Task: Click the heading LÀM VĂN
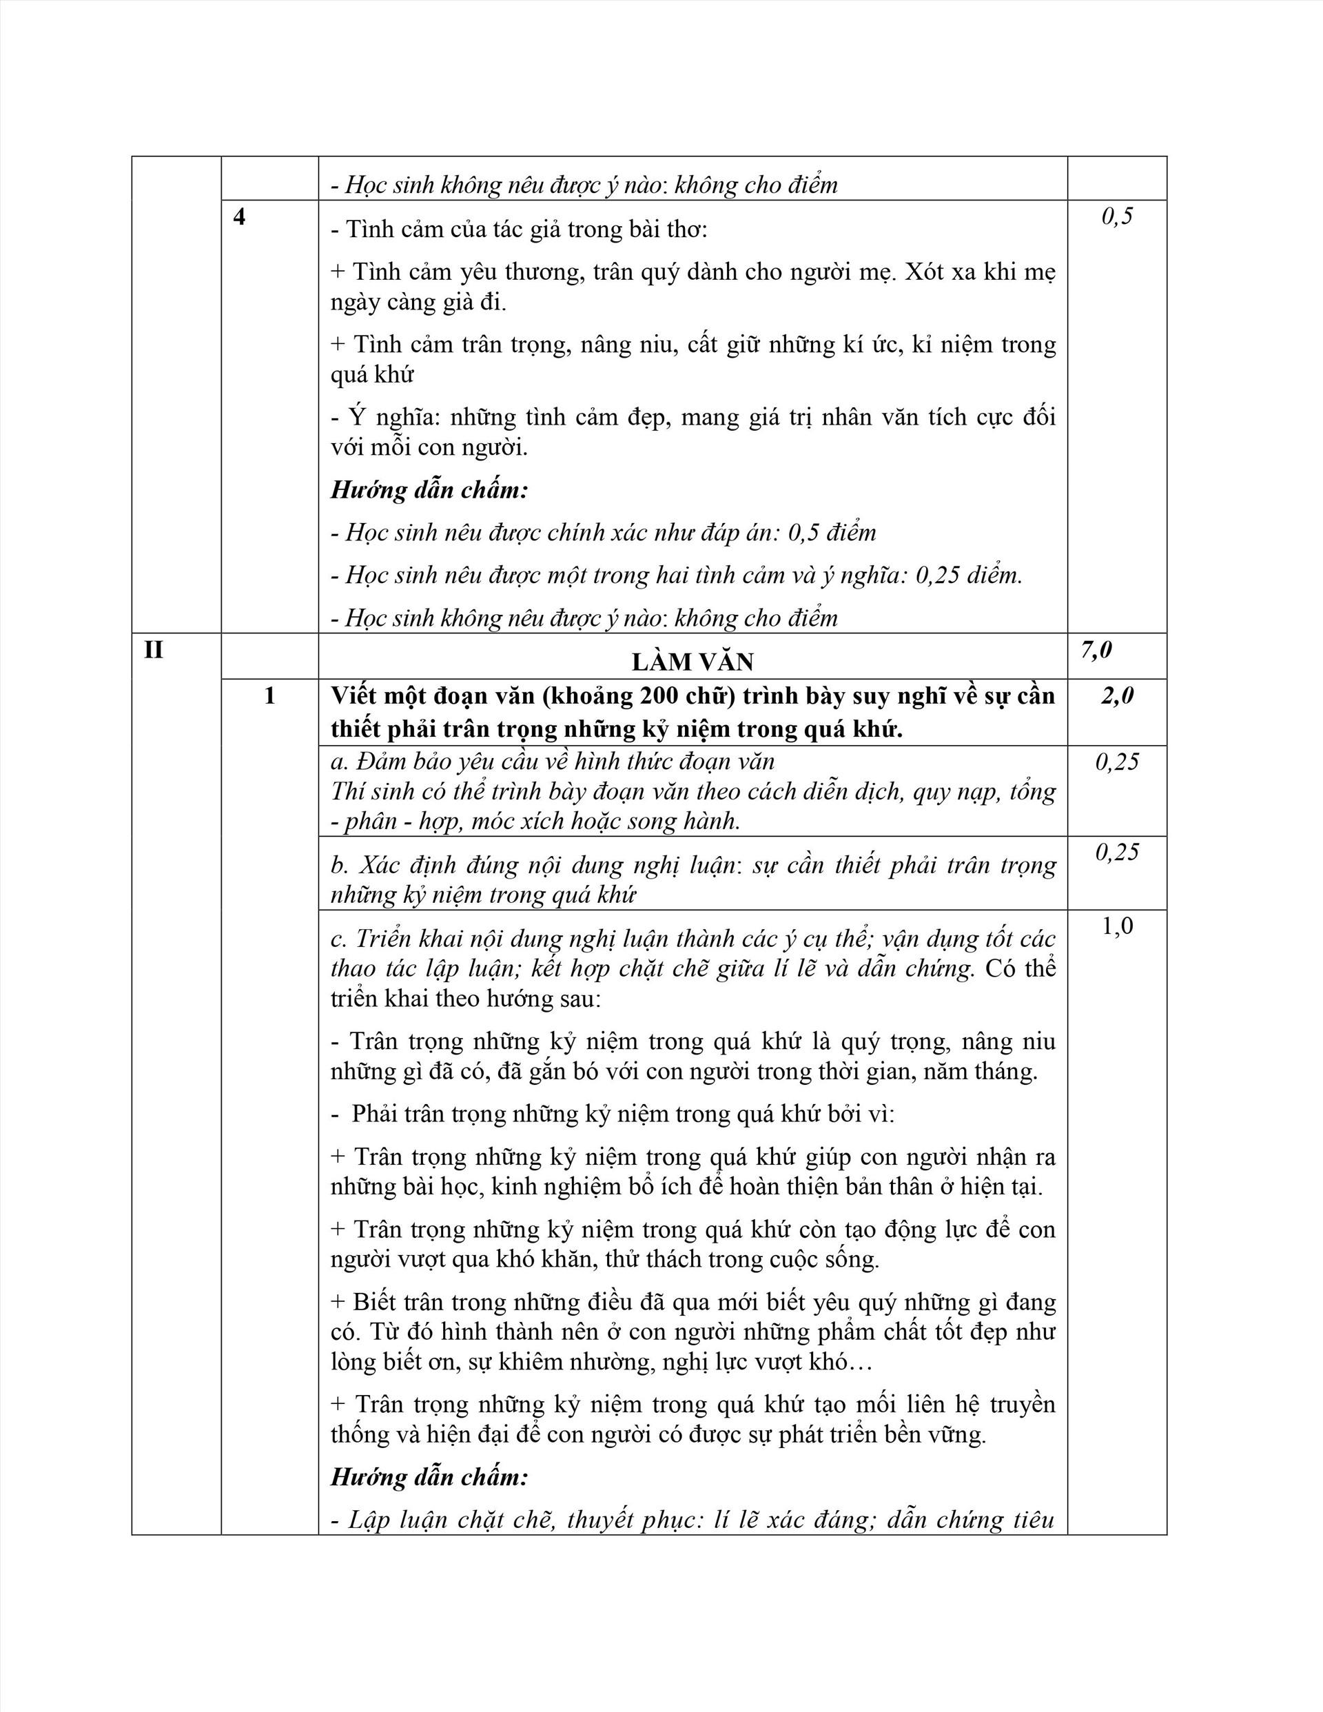[692, 662]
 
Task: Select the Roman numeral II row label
[154, 650]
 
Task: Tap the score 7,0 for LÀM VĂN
[1096, 650]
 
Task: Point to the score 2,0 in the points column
[1117, 696]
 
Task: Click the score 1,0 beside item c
[1117, 926]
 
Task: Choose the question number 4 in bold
[239, 216]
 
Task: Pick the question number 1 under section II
[269, 696]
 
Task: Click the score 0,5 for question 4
[1117, 216]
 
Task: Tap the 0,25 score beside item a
[1117, 762]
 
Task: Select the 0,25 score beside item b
[1117, 852]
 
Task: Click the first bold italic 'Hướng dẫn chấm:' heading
[429, 490]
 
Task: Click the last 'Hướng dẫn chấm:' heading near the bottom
[429, 1478]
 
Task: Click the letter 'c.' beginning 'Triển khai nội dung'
[338, 939]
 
